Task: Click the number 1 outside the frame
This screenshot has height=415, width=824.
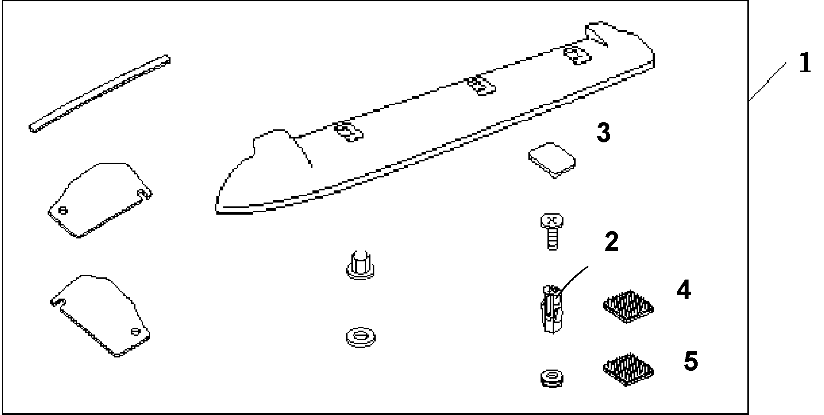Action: point(805,63)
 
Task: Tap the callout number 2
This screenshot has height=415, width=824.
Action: point(612,242)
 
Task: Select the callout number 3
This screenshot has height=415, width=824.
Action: point(603,133)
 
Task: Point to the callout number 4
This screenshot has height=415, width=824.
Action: point(684,290)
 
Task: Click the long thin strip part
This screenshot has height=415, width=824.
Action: point(100,94)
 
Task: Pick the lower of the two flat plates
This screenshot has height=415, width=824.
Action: point(100,315)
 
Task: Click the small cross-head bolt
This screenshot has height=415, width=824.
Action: point(552,232)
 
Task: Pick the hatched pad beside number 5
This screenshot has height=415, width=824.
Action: point(628,369)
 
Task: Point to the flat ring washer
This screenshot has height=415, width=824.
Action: point(361,336)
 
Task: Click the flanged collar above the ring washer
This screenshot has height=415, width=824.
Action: point(360,264)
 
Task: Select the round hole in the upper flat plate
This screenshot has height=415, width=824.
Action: point(63,211)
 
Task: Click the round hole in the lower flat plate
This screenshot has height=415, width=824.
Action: point(136,331)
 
